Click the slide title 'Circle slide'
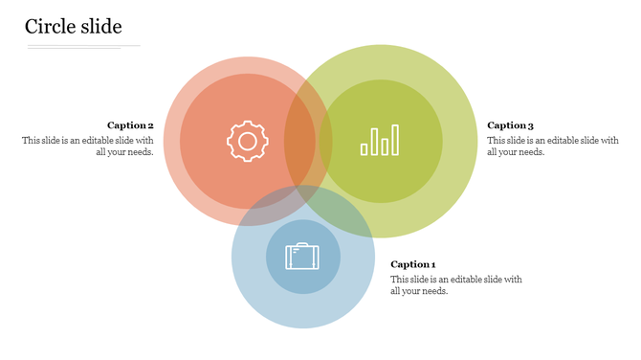click(x=74, y=27)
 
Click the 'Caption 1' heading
click(x=413, y=264)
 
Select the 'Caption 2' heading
click(x=130, y=125)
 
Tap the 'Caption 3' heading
click(x=510, y=125)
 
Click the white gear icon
click(x=247, y=142)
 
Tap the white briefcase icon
click(x=302, y=256)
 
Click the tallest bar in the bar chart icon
click(x=375, y=140)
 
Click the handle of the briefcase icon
click(x=302, y=246)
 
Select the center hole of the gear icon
click(x=247, y=142)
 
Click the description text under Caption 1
click(x=456, y=285)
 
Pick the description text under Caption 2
click(x=88, y=146)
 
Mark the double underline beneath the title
click(x=84, y=46)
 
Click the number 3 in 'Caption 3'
click(x=530, y=125)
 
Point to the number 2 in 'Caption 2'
click(x=150, y=125)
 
